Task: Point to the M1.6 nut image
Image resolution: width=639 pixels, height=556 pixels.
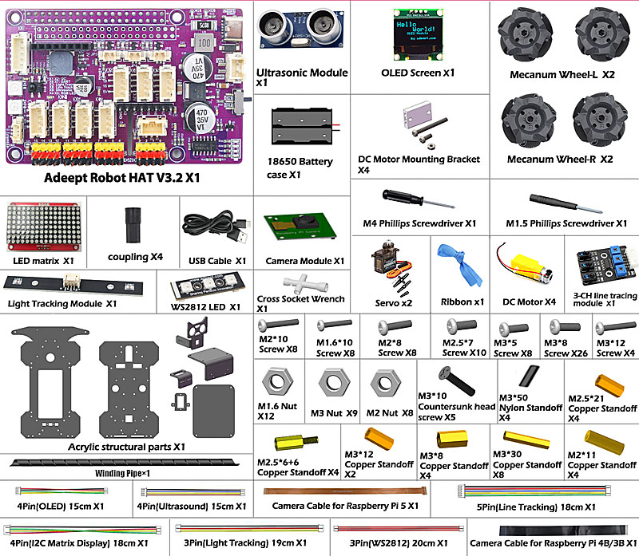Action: click(276, 379)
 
